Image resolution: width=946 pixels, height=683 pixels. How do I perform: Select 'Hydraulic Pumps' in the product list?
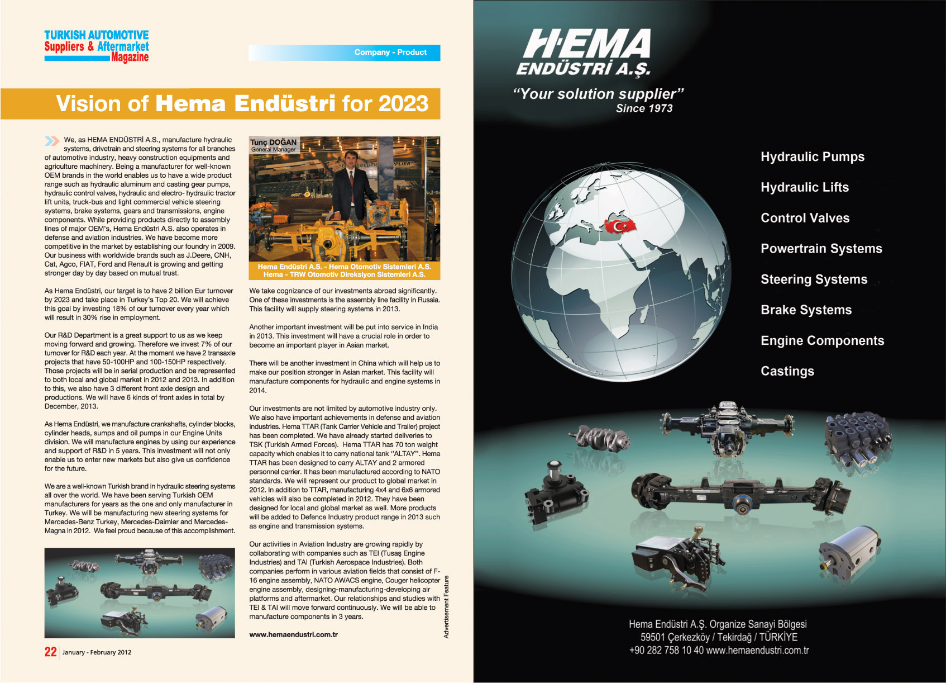(x=812, y=157)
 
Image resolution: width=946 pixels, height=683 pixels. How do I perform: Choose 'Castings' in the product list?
(x=787, y=371)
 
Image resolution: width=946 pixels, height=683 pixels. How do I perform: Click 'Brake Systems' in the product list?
(x=806, y=310)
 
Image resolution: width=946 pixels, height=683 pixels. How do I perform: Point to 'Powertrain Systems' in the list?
(x=821, y=249)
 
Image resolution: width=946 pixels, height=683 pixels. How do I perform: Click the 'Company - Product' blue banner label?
(x=390, y=53)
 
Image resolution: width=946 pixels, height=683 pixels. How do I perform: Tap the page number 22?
(x=50, y=652)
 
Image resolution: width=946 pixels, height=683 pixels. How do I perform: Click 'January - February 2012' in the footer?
(x=97, y=652)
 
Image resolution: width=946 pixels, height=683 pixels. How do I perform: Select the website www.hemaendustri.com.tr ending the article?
(x=293, y=635)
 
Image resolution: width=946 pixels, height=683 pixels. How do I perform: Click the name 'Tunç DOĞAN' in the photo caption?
(x=273, y=142)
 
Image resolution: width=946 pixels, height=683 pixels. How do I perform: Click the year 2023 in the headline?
(x=403, y=104)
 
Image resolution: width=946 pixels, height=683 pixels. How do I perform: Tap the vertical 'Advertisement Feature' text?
(x=446, y=607)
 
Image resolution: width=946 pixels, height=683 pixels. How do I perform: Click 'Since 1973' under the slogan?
(x=644, y=109)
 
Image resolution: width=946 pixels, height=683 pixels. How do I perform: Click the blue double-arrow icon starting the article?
(x=52, y=141)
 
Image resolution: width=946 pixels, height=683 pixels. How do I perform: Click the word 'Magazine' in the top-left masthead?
(x=130, y=58)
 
